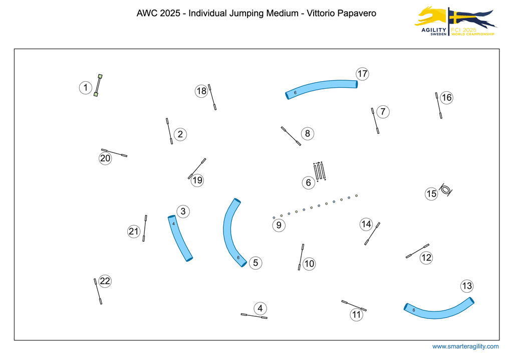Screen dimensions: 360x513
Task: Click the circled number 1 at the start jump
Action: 86,88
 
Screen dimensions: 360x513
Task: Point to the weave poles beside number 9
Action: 315,206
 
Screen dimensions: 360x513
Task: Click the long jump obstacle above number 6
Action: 319,171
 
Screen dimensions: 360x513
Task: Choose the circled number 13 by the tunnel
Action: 467,286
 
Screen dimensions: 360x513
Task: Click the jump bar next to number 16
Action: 439,105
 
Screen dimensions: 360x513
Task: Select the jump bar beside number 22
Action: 98,291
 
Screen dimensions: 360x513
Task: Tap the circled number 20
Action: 105,158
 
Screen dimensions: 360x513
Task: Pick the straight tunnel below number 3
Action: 180,238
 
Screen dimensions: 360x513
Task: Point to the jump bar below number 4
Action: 254,316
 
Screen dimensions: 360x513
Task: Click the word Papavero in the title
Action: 355,14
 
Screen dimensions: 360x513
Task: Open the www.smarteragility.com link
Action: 465,346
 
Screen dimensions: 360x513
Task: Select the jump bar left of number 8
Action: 291,136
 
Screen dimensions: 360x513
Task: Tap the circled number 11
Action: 356,315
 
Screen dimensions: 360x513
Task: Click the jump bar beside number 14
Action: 372,233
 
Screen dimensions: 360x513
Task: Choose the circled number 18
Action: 201,91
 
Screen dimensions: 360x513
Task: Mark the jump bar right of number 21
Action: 145,228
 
